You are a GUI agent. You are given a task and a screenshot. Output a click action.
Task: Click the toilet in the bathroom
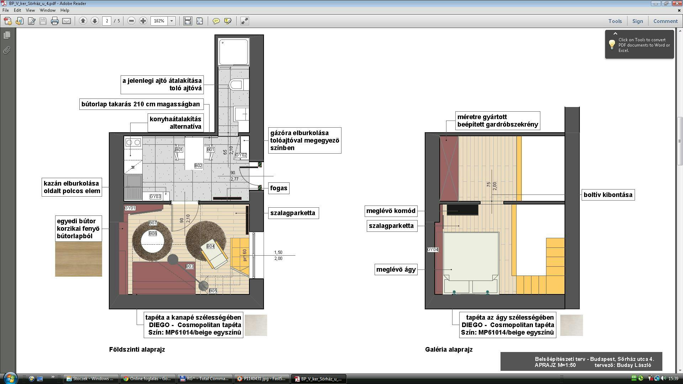pos(236,85)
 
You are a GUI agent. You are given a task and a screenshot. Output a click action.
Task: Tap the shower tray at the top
pos(233,52)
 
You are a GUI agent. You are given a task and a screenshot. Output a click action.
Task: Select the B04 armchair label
pos(211,246)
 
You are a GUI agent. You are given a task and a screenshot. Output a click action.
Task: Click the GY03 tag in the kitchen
pos(155,197)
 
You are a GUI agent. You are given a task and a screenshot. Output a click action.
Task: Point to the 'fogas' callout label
pos(279,188)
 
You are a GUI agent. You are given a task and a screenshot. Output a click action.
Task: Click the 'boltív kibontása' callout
pos(608,195)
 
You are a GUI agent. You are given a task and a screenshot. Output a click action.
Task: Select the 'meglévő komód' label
pos(391,211)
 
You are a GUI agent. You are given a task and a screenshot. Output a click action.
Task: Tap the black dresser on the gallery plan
pos(462,209)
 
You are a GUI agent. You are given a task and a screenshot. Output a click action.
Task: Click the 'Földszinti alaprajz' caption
pos(137,350)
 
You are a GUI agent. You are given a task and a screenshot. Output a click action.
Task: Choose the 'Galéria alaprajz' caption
pos(449,350)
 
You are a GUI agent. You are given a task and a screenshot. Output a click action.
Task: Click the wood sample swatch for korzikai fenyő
pos(79,259)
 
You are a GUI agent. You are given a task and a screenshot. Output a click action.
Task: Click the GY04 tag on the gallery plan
pos(433,250)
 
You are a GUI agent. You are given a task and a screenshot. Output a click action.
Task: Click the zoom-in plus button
pos(143,21)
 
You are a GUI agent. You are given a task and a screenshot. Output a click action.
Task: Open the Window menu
pos(47,10)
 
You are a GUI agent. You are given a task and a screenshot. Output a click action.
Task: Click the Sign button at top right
pos(637,21)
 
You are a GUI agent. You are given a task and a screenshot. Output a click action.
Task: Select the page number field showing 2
pos(107,21)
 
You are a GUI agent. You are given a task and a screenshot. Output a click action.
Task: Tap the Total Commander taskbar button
pos(204,379)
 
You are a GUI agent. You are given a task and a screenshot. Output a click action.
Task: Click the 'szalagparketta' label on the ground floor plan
pos(293,213)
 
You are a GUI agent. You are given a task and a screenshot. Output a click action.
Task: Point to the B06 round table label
pos(153,234)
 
